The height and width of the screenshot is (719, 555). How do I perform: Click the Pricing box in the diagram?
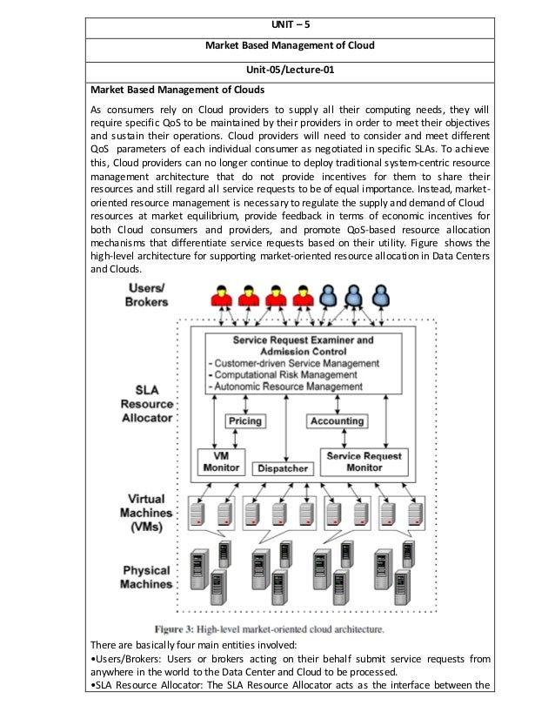point(244,421)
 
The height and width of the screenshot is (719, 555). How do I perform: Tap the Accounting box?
point(336,421)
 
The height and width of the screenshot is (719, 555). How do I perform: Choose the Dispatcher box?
point(281,468)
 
